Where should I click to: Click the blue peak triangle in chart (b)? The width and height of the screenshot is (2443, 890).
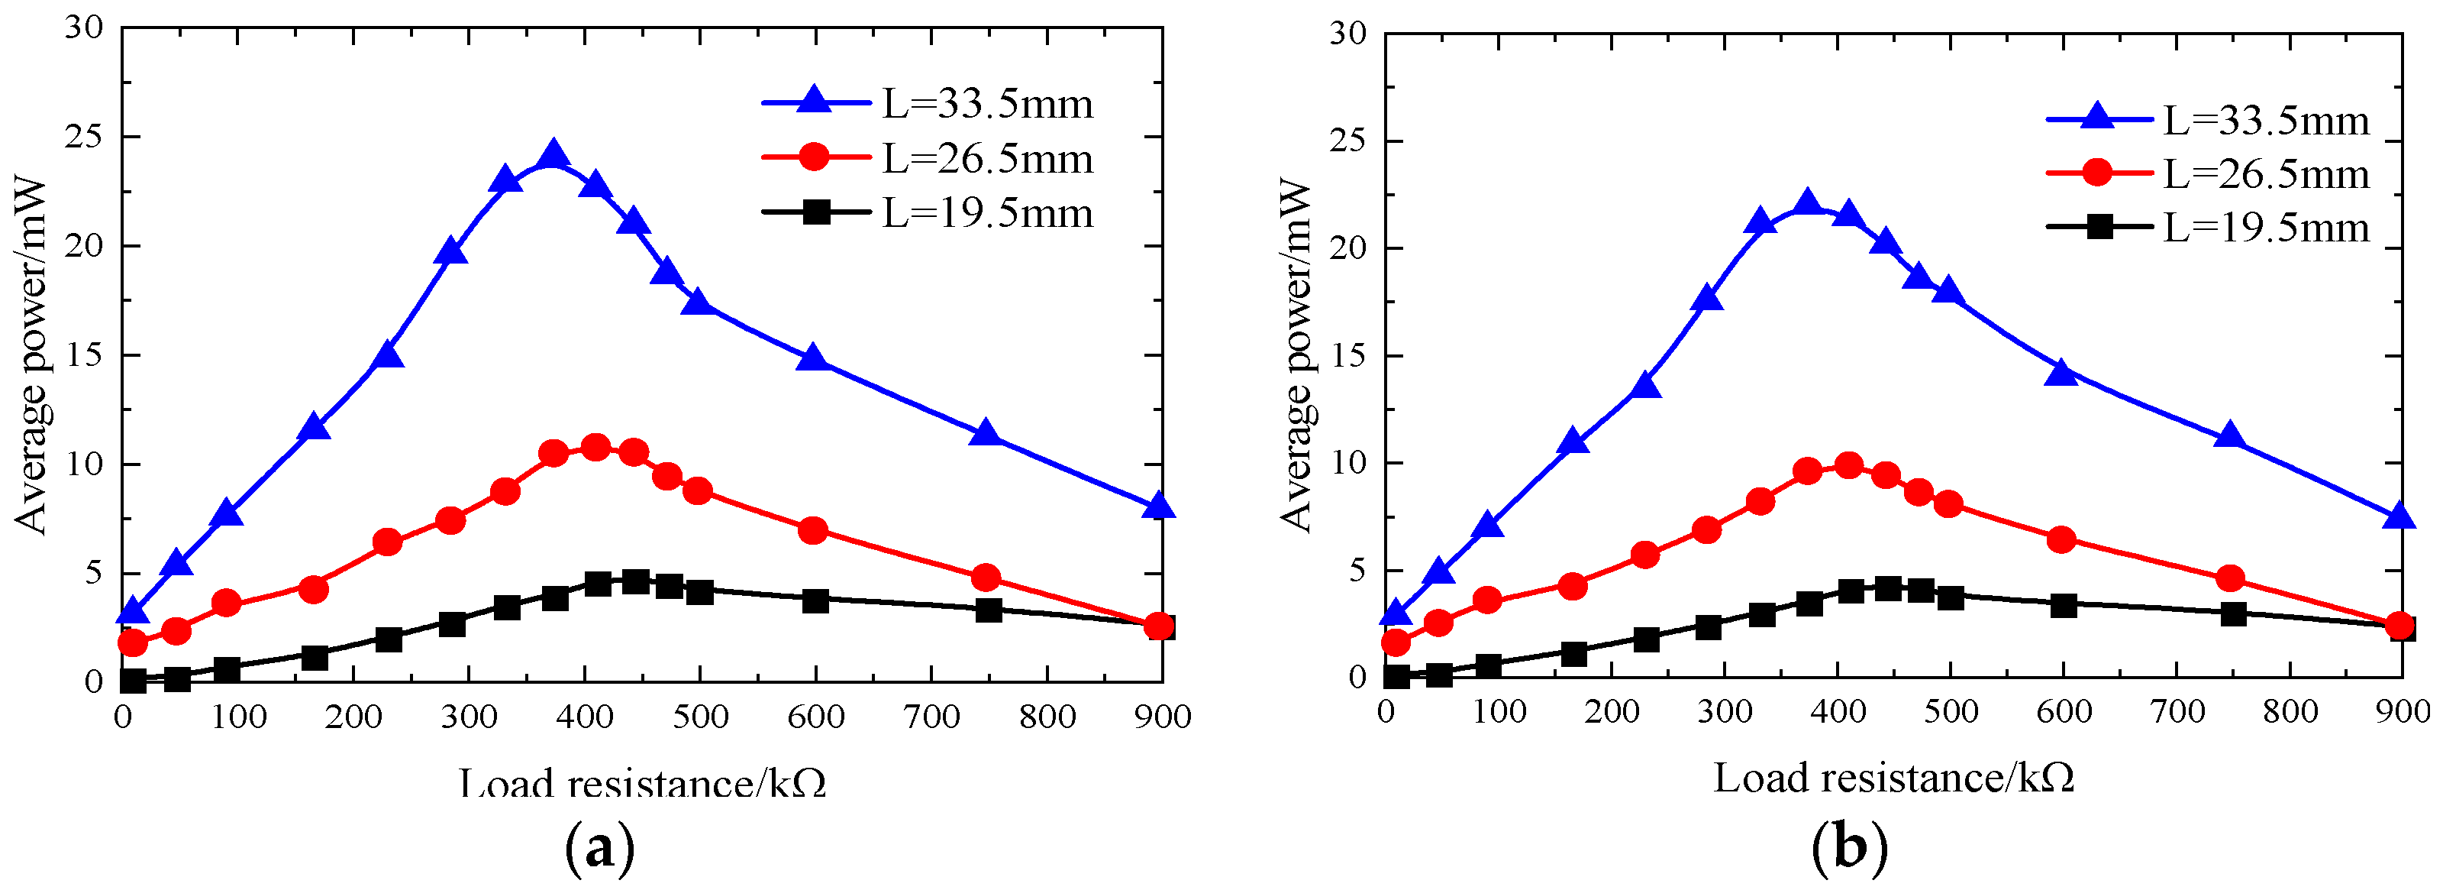[x=1808, y=203]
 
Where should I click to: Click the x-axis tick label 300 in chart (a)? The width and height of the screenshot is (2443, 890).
[x=469, y=717]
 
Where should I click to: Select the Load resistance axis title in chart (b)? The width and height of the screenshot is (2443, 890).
[x=1894, y=778]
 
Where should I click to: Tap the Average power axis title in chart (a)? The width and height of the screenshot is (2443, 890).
[x=31, y=356]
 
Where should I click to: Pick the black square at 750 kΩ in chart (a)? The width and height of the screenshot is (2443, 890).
[x=988, y=610]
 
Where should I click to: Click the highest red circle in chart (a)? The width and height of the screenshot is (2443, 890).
[x=595, y=448]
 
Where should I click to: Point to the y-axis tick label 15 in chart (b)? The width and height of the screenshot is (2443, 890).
[x=1347, y=356]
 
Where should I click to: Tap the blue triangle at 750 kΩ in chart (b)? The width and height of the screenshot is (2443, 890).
[x=2231, y=436]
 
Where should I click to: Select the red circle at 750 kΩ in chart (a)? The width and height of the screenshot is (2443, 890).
[x=986, y=577]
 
